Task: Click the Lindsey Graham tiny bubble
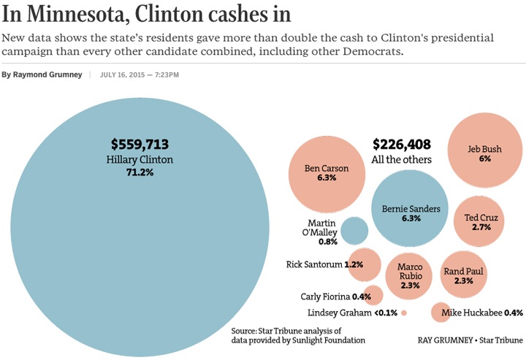click(x=403, y=313)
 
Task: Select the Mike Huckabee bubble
click(x=441, y=313)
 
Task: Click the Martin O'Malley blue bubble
click(x=355, y=231)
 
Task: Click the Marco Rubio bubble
click(x=410, y=275)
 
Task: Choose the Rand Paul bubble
click(x=464, y=275)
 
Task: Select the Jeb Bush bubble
click(x=484, y=153)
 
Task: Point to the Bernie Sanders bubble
click(x=411, y=212)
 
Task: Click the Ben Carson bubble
click(x=326, y=172)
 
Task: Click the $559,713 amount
click(x=140, y=145)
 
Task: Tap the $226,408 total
click(x=402, y=145)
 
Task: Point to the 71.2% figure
click(x=140, y=172)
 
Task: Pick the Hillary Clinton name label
click(x=140, y=159)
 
